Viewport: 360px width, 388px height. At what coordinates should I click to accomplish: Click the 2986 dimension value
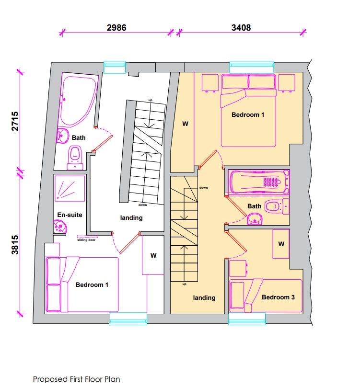pyautogui.click(x=116, y=27)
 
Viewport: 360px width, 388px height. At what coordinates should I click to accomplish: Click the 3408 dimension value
pyautogui.click(x=241, y=27)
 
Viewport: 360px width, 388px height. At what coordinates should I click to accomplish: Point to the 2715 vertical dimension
pyautogui.click(x=15, y=121)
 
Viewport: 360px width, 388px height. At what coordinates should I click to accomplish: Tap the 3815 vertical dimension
pyautogui.click(x=15, y=244)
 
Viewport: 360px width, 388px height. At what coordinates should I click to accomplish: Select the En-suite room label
pyautogui.click(x=70, y=215)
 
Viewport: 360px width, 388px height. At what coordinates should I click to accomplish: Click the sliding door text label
pyautogui.click(x=86, y=240)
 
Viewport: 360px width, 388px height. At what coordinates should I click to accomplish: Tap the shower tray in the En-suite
pyautogui.click(x=70, y=188)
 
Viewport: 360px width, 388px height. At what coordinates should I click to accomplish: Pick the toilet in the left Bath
pyautogui.click(x=75, y=158)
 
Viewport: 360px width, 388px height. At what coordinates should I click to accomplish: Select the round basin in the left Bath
pyautogui.click(x=62, y=136)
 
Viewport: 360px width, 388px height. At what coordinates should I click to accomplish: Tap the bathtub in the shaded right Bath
pyautogui.click(x=259, y=182)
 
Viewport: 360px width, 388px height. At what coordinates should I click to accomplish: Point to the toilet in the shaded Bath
pyautogui.click(x=277, y=206)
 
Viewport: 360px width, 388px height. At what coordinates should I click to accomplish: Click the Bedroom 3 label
pyautogui.click(x=279, y=297)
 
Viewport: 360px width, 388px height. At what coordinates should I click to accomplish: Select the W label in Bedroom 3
pyautogui.click(x=281, y=244)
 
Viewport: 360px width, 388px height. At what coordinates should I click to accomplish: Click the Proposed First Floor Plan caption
pyautogui.click(x=77, y=379)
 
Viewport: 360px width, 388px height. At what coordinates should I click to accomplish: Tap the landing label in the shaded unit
pyautogui.click(x=204, y=297)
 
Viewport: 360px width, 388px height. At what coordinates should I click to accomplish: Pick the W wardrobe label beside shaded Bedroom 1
pyautogui.click(x=185, y=124)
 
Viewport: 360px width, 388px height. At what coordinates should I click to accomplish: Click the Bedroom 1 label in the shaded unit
pyautogui.click(x=248, y=115)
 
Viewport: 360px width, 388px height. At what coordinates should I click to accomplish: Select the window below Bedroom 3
pyautogui.click(x=247, y=319)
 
